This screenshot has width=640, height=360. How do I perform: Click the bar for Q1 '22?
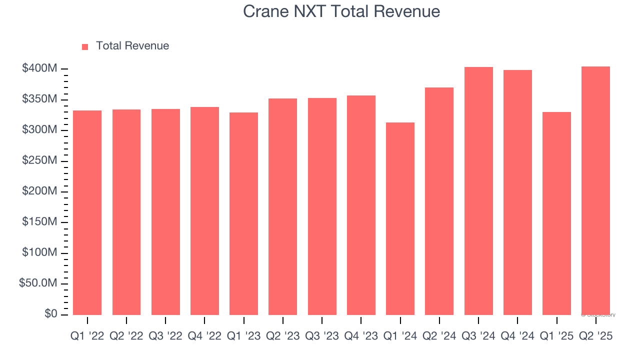click(87, 212)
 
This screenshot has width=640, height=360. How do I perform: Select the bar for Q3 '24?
click(478, 191)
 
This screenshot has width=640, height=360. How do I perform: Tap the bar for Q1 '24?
click(400, 218)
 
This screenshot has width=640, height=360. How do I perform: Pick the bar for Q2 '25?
click(595, 190)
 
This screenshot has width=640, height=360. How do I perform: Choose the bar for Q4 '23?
click(361, 205)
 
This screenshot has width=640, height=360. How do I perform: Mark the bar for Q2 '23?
click(282, 206)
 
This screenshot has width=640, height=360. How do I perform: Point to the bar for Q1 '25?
click(556, 213)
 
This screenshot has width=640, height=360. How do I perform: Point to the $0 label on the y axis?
click(51, 314)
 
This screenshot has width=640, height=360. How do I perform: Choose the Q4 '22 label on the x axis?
click(204, 336)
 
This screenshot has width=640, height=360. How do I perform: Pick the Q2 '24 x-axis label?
click(439, 336)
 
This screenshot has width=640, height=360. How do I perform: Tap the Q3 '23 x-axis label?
click(321, 336)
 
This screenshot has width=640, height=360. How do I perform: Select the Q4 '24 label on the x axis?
click(517, 336)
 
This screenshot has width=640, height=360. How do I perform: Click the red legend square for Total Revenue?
click(85, 46)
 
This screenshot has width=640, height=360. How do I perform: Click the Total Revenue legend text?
click(132, 46)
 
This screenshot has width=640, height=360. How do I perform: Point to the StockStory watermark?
click(598, 315)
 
